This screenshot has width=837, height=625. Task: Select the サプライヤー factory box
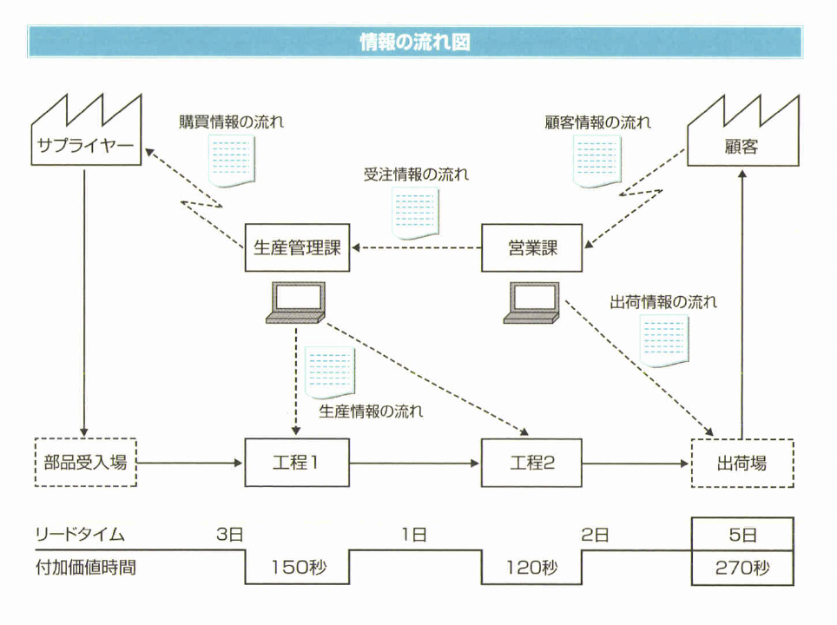point(85,143)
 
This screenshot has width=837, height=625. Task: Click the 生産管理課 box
point(297,248)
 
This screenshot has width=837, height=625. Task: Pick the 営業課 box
point(532,248)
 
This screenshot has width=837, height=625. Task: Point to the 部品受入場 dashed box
point(85,462)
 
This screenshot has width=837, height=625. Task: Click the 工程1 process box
point(297,462)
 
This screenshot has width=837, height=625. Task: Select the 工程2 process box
point(532,462)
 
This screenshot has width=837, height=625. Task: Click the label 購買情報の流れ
point(231,122)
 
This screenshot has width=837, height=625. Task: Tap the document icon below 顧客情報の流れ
point(596,160)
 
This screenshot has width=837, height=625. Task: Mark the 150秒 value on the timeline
point(297,568)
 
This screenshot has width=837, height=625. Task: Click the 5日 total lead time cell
point(741,535)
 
